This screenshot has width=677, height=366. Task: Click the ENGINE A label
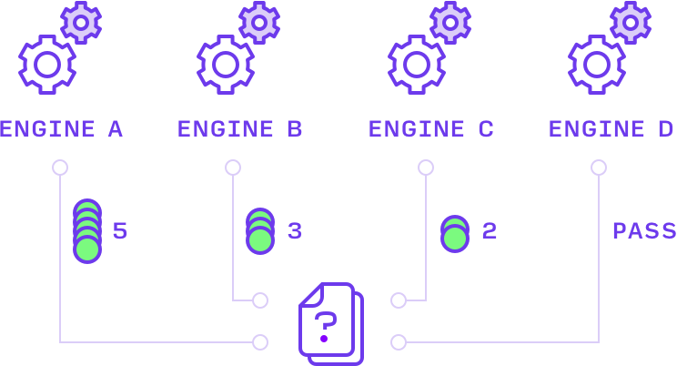pyautogui.click(x=61, y=129)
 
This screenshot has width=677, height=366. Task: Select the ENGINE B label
pyautogui.click(x=239, y=129)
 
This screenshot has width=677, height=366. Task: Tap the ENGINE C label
pyautogui.click(x=430, y=129)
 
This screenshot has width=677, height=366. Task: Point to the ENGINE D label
pyautogui.click(x=611, y=129)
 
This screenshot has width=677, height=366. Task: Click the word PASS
pyautogui.click(x=643, y=231)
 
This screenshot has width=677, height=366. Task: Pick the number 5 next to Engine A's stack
pyautogui.click(x=120, y=231)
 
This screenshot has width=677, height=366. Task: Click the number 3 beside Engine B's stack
pyautogui.click(x=295, y=231)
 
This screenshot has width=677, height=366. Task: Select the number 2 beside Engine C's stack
pyautogui.click(x=490, y=231)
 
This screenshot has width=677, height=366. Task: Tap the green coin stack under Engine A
pyautogui.click(x=87, y=231)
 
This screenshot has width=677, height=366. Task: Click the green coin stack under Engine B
pyautogui.click(x=260, y=231)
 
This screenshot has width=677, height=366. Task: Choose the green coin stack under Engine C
pyautogui.click(x=455, y=234)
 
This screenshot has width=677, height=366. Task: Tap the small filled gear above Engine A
pyautogui.click(x=81, y=22)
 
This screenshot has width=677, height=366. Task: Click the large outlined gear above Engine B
pyautogui.click(x=225, y=64)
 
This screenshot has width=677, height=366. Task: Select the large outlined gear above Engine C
pyautogui.click(x=416, y=64)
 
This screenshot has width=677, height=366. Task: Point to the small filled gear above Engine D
pyautogui.click(x=631, y=22)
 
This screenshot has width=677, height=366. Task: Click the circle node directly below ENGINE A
pyautogui.click(x=60, y=168)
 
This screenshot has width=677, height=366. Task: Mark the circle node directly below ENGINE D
pyautogui.click(x=599, y=168)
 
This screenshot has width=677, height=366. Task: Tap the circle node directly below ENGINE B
pyautogui.click(x=233, y=168)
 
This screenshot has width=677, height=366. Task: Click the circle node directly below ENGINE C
pyautogui.click(x=426, y=168)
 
